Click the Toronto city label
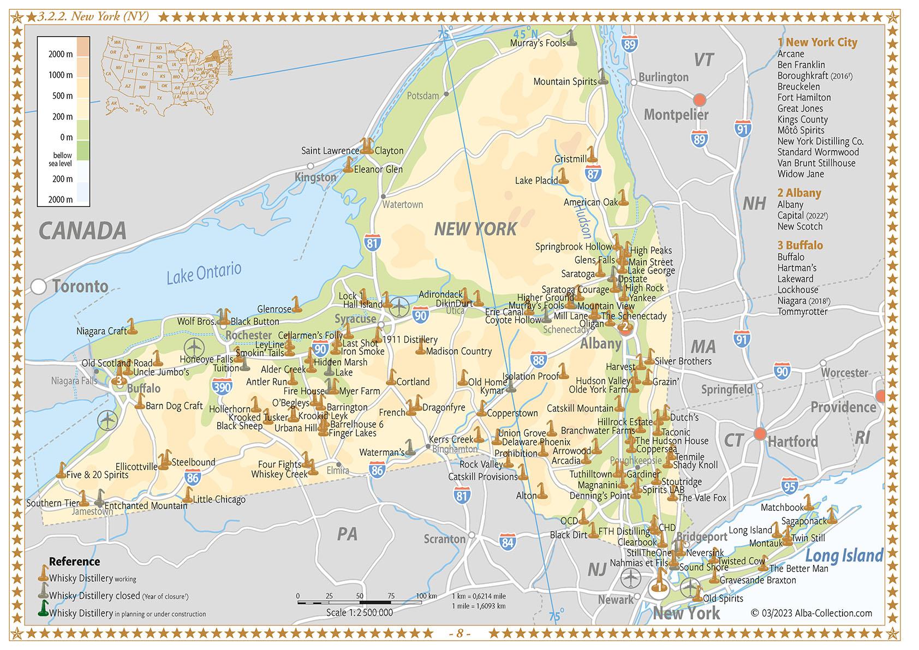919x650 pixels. tap(80, 286)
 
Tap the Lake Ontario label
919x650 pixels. tap(204, 272)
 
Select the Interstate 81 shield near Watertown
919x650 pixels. tap(372, 242)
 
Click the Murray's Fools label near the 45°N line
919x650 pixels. tap(538, 43)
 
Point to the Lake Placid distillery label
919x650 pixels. tap(536, 180)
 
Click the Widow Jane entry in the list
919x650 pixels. tap(801, 174)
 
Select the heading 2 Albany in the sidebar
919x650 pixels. tap(799, 193)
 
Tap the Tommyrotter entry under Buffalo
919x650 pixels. tap(802, 312)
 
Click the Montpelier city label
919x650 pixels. tap(676, 115)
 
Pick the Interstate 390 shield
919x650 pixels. tap(222, 387)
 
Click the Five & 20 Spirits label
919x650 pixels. tap(97, 474)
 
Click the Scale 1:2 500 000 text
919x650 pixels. tap(359, 612)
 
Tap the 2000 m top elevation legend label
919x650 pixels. tap(61, 54)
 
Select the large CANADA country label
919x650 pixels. tap(82, 231)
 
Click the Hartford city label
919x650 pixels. tap(792, 441)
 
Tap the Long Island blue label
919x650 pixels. tap(844, 556)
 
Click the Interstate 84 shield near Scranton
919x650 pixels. tap(508, 541)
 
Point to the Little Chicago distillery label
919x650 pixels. tap(219, 499)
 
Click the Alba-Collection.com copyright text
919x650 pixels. tap(811, 613)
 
